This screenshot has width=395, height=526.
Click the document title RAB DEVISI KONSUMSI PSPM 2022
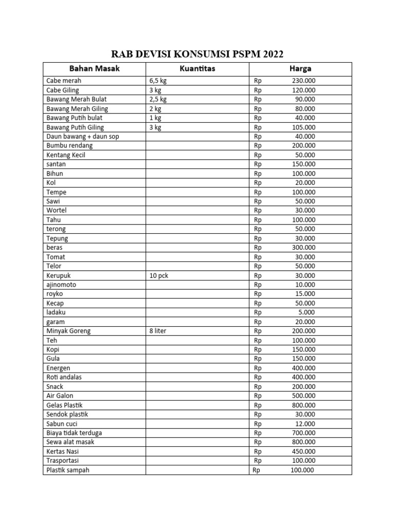[197, 54]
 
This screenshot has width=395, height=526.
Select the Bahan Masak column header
[94, 69]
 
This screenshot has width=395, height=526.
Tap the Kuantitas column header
[197, 69]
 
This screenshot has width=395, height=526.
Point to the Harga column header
[300, 69]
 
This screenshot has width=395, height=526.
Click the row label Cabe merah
[64, 81]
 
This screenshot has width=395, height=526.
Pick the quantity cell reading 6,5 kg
[158, 81]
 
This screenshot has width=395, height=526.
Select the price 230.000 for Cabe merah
[303, 81]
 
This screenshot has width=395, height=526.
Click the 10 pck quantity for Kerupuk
[159, 275]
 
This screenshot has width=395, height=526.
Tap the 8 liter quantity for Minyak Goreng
[158, 331]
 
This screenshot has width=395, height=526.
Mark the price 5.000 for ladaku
[307, 312]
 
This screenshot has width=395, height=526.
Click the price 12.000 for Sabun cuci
[305, 424]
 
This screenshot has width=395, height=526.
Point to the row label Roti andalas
[64, 377]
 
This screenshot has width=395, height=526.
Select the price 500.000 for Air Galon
[303, 396]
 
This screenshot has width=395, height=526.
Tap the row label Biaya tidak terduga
[74, 433]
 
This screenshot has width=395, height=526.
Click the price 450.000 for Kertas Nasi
[303, 452]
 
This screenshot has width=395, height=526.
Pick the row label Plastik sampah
[68, 470]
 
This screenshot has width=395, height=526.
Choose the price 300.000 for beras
[303, 248]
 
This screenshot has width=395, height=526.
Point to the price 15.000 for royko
[305, 294]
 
